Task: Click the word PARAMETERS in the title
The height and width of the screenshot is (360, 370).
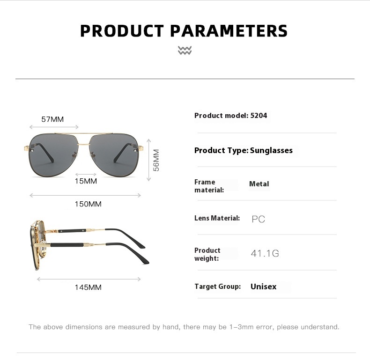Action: click(x=229, y=31)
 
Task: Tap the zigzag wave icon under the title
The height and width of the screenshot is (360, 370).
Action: click(x=185, y=50)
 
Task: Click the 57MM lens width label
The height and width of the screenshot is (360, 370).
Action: click(x=52, y=119)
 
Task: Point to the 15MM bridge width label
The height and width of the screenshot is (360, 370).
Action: click(x=86, y=181)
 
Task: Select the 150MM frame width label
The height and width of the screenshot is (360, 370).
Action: click(x=88, y=204)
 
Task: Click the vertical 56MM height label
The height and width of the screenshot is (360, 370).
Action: click(x=156, y=160)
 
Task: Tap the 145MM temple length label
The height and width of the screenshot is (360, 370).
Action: click(x=88, y=287)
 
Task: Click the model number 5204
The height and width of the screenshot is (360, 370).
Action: click(x=259, y=115)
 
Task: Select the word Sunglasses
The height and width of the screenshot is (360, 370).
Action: click(x=271, y=150)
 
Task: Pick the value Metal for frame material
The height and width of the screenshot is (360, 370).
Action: click(x=259, y=184)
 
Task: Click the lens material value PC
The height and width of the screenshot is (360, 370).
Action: click(x=258, y=219)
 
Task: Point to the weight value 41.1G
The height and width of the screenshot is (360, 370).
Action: click(x=265, y=253)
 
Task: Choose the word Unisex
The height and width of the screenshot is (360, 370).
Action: click(x=263, y=287)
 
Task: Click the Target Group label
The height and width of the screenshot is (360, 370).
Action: click(x=218, y=287)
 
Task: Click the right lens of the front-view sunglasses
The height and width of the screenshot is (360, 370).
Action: click(x=114, y=154)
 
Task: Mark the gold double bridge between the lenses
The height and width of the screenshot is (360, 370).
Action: click(x=84, y=139)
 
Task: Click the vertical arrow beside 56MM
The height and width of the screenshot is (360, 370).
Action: click(x=148, y=160)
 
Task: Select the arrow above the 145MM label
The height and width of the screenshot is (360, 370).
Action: click(x=89, y=279)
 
